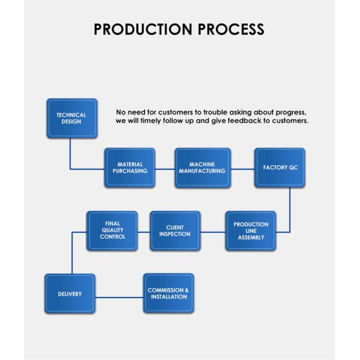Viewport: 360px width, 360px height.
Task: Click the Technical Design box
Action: [x=71, y=118]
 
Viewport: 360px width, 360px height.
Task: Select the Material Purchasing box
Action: [x=130, y=167]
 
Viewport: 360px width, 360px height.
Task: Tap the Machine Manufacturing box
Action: [x=202, y=167]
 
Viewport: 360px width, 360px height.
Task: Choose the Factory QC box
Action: [x=279, y=167]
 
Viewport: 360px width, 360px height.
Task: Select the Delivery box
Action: [x=70, y=294]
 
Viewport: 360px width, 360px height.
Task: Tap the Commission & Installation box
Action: [x=169, y=294]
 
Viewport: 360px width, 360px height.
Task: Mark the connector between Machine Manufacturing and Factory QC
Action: [x=242, y=169]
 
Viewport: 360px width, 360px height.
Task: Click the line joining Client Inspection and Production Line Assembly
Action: [x=212, y=232]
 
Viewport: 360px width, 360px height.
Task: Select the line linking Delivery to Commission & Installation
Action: [x=119, y=296]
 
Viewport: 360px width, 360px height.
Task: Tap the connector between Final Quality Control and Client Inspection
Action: [x=143, y=232]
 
